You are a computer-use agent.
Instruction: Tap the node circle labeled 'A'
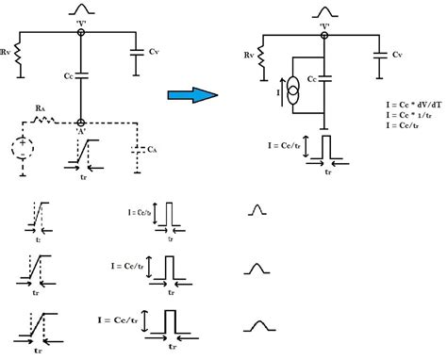click(x=82, y=123)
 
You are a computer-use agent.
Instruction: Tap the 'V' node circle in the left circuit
click(x=82, y=31)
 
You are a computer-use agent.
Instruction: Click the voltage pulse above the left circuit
click(x=82, y=10)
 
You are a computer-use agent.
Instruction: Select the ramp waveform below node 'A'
click(x=83, y=148)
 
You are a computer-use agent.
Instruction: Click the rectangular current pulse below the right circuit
click(x=326, y=149)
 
